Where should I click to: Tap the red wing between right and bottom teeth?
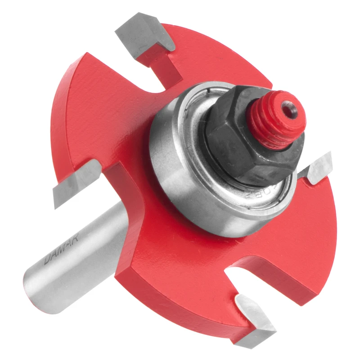pyautogui.click(x=288, y=238)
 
